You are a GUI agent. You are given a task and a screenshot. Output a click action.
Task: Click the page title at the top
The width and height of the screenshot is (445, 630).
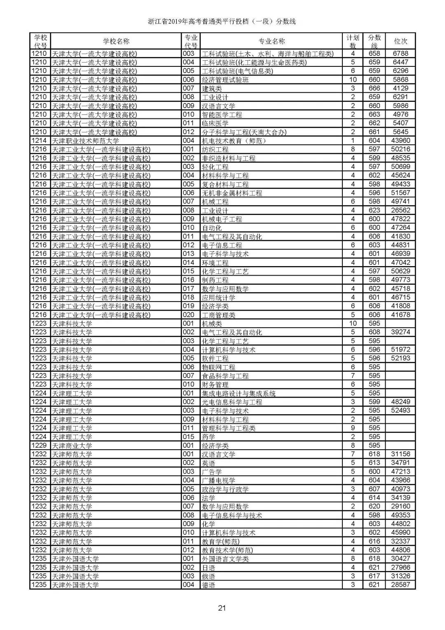(x=222, y=21)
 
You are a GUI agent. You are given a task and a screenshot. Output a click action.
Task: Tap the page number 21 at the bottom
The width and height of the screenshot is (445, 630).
(x=222, y=608)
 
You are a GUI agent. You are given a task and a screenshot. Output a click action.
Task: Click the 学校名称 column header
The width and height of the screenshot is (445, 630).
(x=116, y=41)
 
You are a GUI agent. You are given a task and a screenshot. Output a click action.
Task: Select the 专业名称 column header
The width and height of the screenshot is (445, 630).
(x=272, y=41)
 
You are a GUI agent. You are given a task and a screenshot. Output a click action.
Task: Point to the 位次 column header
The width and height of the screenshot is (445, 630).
(x=400, y=41)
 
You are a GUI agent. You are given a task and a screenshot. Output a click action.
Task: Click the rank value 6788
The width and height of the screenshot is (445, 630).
(x=400, y=53)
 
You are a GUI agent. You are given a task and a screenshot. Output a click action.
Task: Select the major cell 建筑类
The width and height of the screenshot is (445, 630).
(x=212, y=88)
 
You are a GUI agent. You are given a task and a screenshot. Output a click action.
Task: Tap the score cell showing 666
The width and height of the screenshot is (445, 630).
(x=374, y=88)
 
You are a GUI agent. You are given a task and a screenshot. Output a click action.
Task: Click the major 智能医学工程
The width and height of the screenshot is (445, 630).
(x=222, y=115)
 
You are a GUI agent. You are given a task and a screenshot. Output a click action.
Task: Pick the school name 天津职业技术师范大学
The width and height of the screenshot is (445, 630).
(x=86, y=141)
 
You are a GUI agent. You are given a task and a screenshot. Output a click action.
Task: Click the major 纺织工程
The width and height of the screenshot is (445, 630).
(x=215, y=149)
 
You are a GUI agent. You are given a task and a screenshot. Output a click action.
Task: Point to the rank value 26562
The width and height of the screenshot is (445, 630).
(x=400, y=210)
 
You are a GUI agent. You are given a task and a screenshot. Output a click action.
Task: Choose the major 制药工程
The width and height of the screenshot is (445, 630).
(x=215, y=280)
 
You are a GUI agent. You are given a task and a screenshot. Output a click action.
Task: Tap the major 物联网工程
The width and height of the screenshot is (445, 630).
(x=218, y=367)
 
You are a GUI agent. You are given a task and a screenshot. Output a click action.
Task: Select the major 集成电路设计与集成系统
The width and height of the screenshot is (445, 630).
(x=239, y=394)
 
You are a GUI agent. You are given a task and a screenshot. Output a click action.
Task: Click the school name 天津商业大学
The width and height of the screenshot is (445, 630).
(x=72, y=446)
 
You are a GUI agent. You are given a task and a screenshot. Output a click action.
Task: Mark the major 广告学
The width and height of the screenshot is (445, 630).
(x=212, y=472)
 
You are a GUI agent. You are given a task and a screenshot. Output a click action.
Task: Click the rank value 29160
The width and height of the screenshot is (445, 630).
(x=400, y=506)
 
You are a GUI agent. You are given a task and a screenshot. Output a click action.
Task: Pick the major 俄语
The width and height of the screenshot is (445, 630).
(x=208, y=576)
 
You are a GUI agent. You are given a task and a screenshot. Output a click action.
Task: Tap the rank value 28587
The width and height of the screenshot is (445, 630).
(x=400, y=585)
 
